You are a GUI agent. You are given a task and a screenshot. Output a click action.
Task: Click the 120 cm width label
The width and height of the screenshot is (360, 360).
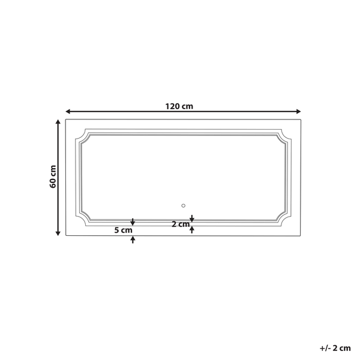179,106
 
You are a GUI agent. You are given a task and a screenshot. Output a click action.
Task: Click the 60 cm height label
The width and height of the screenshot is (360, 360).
53,176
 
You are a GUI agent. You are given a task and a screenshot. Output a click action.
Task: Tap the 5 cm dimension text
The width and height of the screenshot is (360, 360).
123,230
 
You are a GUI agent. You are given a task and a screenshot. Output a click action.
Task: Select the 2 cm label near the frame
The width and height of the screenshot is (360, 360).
181,224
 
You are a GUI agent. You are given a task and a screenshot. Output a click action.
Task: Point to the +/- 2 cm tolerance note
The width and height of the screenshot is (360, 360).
335,348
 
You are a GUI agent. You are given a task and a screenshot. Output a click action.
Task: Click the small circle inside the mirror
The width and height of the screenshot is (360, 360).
183,206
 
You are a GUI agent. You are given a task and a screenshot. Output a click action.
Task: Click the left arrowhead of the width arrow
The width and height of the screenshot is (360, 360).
68,112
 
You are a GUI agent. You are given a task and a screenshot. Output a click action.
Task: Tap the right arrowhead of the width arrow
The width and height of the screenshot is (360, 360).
298,112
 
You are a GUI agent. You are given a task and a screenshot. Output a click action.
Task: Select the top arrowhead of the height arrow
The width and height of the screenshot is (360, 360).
58,122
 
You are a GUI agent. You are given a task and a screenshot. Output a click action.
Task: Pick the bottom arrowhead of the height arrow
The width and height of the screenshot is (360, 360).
58,233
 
